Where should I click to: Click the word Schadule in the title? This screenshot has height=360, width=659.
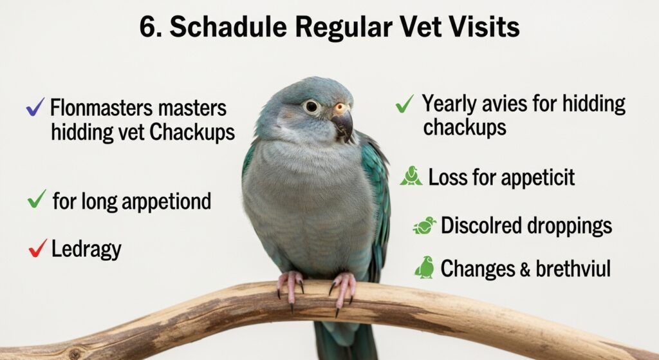[x=228, y=27]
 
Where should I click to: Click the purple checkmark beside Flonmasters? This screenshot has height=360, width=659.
[x=35, y=107]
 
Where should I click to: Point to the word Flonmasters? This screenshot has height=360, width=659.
[x=96, y=108]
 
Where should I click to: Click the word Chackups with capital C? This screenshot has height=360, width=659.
[x=192, y=132]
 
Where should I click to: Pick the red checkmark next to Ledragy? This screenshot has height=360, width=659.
[x=38, y=247]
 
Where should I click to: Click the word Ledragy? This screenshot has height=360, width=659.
[x=86, y=249]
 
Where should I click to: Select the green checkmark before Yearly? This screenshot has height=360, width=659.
[x=404, y=104]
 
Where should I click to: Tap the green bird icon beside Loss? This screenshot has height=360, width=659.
[x=411, y=176]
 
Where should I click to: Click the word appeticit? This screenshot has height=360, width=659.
[x=538, y=178]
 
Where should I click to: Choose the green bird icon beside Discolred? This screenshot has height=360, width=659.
[x=425, y=225]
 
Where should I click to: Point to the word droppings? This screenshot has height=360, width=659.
[x=570, y=226]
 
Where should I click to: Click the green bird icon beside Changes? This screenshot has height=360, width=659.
[x=425, y=267]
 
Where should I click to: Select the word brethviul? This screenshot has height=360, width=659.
[x=573, y=269]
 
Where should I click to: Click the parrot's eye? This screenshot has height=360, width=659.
[x=311, y=106]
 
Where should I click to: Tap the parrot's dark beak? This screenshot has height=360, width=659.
[x=343, y=124]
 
